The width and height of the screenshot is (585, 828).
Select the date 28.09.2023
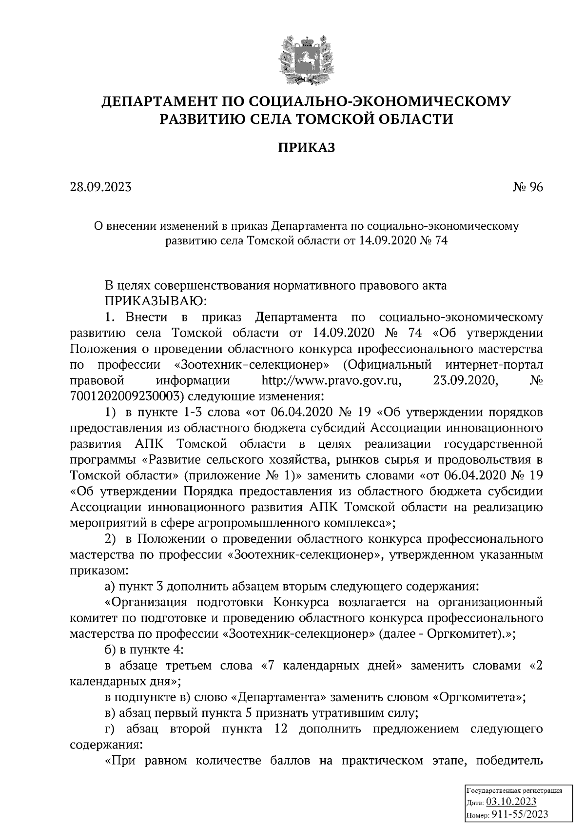100,187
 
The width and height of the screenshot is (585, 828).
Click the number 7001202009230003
124,396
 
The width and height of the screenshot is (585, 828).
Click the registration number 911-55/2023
520,814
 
